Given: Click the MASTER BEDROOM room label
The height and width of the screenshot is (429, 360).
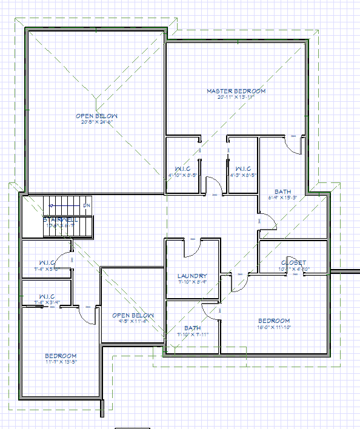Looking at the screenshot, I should pyautogui.click(x=236, y=91).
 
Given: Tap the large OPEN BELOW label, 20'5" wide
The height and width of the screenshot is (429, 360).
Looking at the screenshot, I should pyautogui.click(x=97, y=116).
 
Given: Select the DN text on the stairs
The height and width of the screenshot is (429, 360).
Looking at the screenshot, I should pyautogui.click(x=87, y=205).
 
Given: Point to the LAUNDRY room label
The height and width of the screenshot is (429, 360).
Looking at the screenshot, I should pyautogui.click(x=192, y=276).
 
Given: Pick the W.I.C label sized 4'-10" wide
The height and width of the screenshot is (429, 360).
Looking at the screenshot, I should pyautogui.click(x=183, y=168).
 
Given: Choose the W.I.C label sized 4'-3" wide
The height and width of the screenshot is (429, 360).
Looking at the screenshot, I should pyautogui.click(x=243, y=168).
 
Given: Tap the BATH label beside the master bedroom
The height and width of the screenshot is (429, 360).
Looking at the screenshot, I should pyautogui.click(x=282, y=191).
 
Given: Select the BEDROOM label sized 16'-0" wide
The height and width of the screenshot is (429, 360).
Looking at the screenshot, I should pyautogui.click(x=274, y=321).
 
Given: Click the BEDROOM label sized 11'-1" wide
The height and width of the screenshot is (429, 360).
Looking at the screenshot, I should pyautogui.click(x=61, y=356).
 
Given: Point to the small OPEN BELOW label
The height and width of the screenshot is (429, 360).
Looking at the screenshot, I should pyautogui.click(x=133, y=316).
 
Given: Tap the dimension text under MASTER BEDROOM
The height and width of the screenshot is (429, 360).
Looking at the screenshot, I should pyautogui.click(x=236, y=97).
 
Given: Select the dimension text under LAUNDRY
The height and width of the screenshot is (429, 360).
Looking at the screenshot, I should pyautogui.click(x=192, y=282).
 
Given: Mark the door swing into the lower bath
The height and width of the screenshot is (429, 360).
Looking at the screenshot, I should pyautogui.click(x=210, y=310).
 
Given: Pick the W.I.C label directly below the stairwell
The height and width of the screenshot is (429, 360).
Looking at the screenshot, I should pyautogui.click(x=46, y=262).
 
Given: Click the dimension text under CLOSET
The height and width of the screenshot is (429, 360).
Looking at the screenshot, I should pyautogui.click(x=293, y=268).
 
